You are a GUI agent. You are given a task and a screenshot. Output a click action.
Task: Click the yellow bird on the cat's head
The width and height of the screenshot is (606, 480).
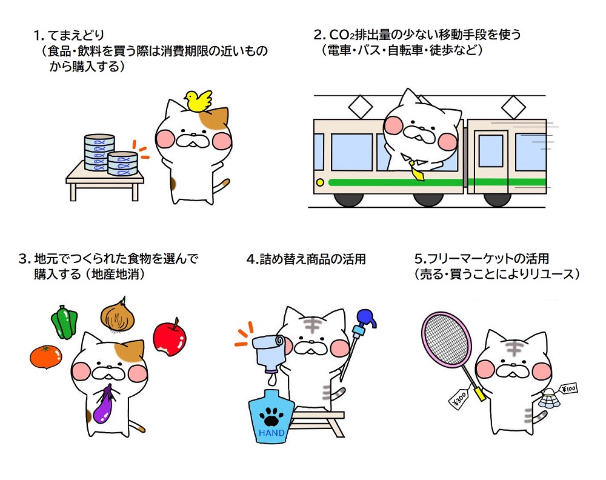[198, 101]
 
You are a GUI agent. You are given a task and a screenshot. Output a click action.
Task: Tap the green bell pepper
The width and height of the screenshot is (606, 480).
[64, 322]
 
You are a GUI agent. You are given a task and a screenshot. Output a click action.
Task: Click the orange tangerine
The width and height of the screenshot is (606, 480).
[46, 357]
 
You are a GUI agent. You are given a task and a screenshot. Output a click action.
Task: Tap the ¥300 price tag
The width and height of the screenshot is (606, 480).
[459, 398]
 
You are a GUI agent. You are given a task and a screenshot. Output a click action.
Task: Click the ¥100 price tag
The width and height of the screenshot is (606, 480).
[568, 388]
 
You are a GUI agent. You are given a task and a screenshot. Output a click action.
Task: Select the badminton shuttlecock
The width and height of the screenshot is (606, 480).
[550, 400]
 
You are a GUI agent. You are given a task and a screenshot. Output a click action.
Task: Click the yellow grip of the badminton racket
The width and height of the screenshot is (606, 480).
[479, 393]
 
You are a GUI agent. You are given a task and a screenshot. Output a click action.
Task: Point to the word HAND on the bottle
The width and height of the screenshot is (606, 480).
[271, 433]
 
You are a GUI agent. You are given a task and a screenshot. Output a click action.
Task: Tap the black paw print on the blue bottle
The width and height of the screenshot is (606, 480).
[271, 416]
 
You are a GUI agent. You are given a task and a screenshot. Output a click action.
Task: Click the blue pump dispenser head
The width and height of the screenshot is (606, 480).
[365, 319]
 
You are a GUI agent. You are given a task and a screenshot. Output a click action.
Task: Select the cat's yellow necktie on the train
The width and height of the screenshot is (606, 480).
[416, 171]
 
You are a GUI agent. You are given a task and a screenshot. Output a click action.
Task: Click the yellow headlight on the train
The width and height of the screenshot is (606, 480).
[320, 182]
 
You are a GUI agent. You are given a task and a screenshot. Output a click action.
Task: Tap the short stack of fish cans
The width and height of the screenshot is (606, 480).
[122, 164]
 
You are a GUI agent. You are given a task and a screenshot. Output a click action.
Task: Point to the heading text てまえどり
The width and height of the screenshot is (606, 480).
[76, 35]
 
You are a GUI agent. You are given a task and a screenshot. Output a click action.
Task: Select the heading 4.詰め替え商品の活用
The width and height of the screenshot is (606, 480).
[306, 259]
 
